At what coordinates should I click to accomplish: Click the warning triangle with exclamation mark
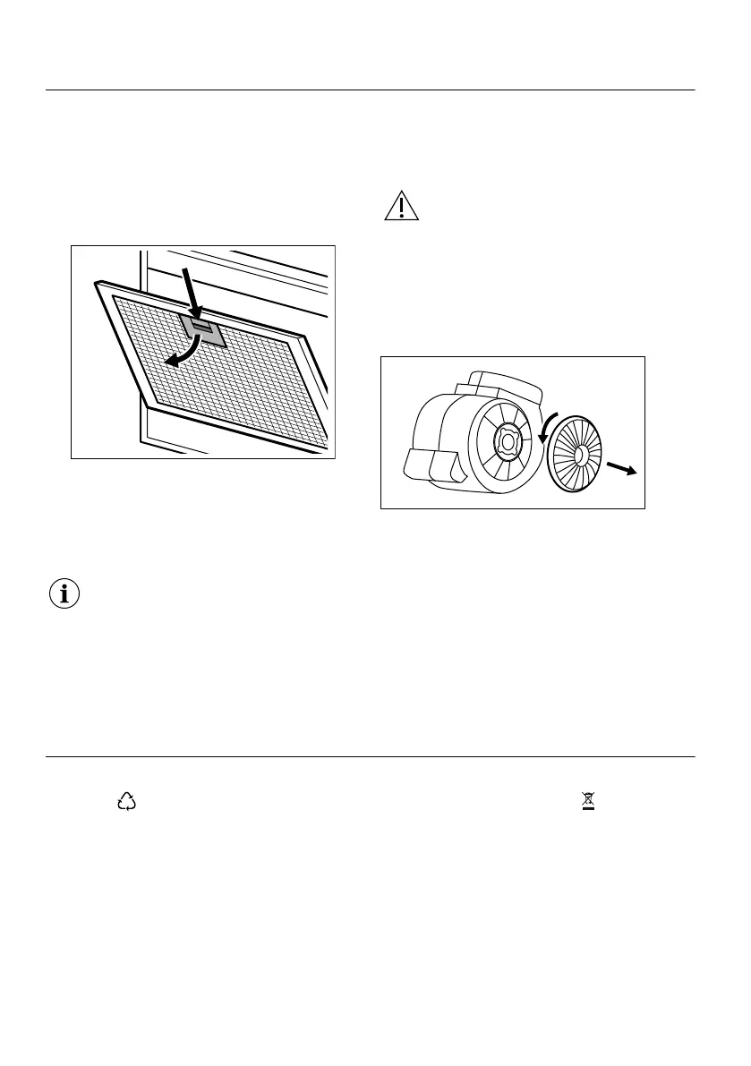(x=402, y=207)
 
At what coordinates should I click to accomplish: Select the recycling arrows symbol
(x=126, y=803)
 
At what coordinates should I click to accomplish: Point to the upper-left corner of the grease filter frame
(x=96, y=285)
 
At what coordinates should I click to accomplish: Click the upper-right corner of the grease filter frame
(x=306, y=338)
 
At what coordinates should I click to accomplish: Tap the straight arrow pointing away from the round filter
(x=619, y=468)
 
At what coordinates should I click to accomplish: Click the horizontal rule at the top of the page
(x=370, y=90)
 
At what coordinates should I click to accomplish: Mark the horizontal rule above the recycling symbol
(x=370, y=757)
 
